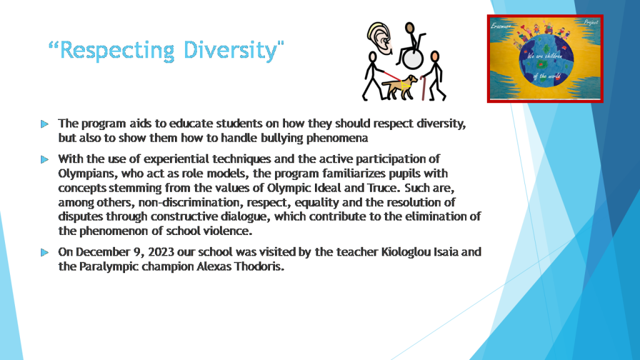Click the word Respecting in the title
point(117,51)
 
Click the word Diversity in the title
point(230,51)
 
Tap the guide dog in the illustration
point(400,86)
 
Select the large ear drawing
point(379,38)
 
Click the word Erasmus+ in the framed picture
point(501,26)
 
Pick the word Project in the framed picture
point(591,22)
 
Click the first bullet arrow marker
point(45,124)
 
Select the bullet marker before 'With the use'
point(45,159)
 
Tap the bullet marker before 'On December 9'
point(45,252)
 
